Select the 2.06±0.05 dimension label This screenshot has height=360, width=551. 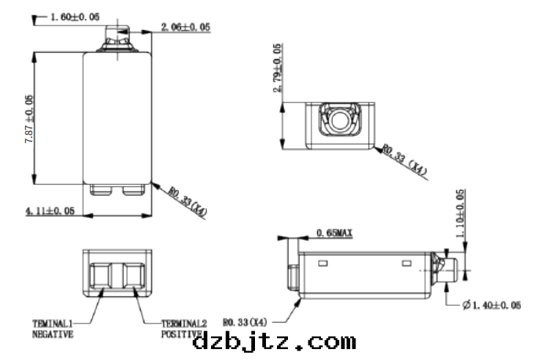point(184,27)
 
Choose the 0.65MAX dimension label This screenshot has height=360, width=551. point(334,233)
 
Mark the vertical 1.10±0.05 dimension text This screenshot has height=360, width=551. point(459,216)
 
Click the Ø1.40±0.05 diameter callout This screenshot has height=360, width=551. point(492,304)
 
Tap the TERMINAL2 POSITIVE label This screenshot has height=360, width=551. point(184,328)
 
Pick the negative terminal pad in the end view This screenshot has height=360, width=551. point(101,278)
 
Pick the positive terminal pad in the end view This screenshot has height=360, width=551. point(133,278)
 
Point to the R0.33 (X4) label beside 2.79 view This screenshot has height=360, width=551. point(404,161)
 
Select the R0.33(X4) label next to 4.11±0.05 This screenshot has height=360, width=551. point(188,202)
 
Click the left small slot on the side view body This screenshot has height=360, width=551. point(323,262)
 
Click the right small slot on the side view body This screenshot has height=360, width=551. point(407,262)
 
